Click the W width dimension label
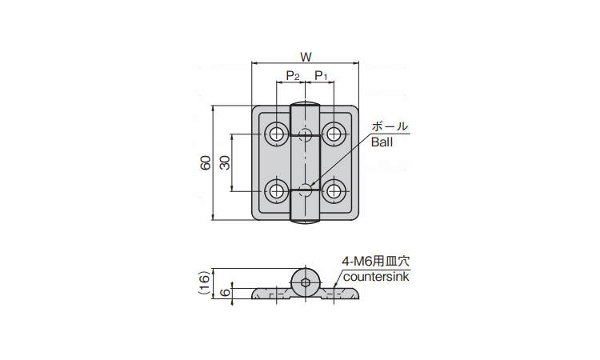[x=305, y=57]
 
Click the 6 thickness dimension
[x=226, y=292]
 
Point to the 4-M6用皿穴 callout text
[x=375, y=261]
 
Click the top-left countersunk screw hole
[x=278, y=134]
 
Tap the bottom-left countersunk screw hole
[x=278, y=190]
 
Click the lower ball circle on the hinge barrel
[x=306, y=190]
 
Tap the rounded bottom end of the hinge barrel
[x=306, y=222]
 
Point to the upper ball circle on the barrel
[x=306, y=132]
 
